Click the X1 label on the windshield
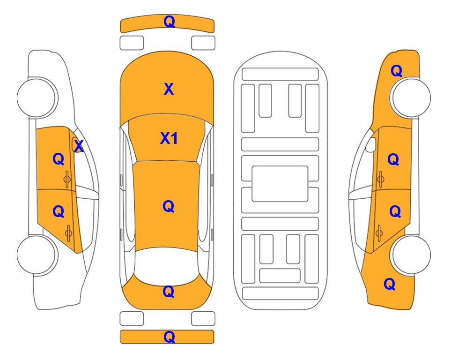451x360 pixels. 169,138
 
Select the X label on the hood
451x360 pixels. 169,89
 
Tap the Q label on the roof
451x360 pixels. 169,206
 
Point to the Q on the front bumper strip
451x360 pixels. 169,22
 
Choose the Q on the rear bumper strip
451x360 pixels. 169,337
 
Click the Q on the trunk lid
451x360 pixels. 169,292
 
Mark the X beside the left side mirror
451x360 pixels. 79,146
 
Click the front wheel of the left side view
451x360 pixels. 37,97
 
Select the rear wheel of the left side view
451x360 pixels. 37,255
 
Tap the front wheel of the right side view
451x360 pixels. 410,97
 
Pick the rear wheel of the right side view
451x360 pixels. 411,255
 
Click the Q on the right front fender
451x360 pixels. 396,71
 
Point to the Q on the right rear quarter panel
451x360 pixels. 390,284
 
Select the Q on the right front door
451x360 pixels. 393,159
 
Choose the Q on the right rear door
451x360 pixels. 395,211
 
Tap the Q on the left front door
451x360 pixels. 59,159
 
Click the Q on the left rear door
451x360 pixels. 59,211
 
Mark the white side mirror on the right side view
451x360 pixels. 371,144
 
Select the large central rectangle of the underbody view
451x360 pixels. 280,184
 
